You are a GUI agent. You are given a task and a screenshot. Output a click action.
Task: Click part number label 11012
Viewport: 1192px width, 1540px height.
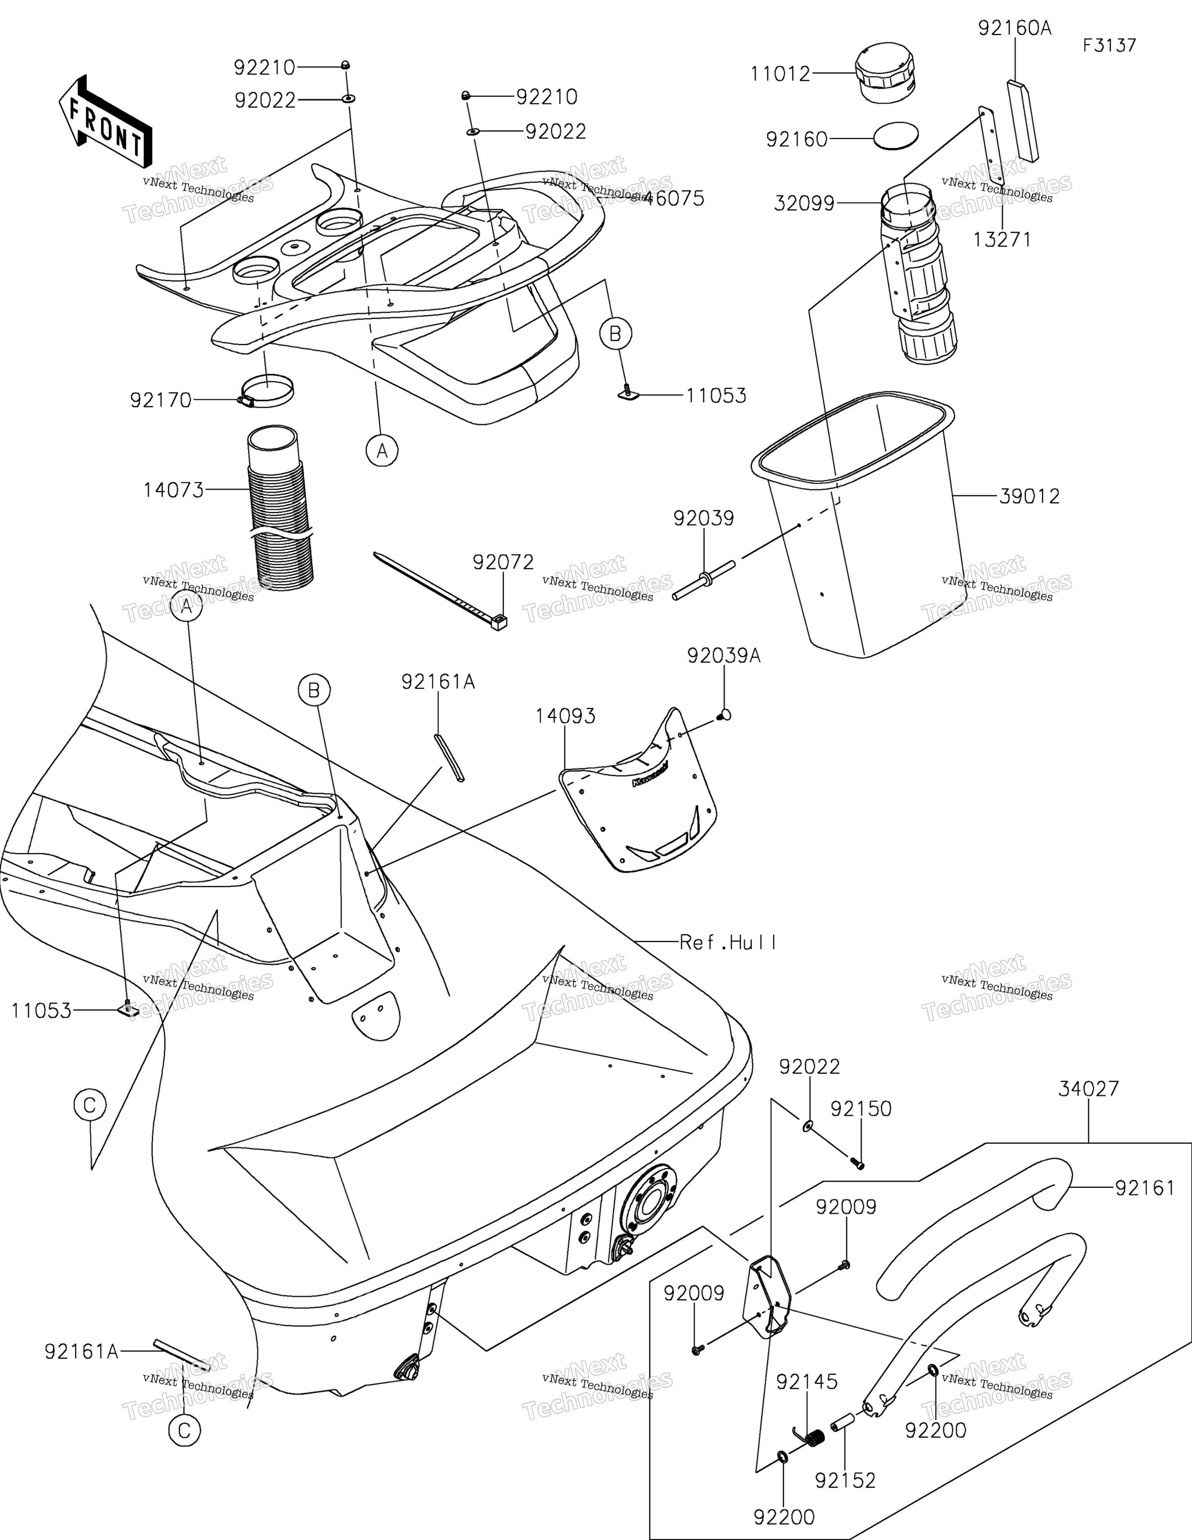(780, 74)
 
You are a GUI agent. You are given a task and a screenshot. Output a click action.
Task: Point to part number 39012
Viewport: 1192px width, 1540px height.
(1029, 496)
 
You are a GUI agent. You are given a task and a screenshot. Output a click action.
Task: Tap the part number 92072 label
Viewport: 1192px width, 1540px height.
(503, 562)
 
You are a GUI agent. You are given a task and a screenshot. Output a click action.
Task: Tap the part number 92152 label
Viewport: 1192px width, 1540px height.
(845, 1480)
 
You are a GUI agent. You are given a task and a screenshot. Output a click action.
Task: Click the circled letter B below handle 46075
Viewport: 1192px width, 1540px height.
(615, 334)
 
